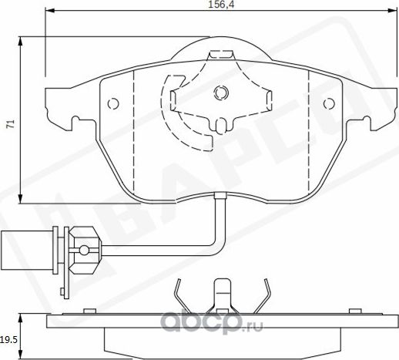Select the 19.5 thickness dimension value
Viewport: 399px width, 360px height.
pos(8,337)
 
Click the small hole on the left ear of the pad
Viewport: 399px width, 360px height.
pos(112,103)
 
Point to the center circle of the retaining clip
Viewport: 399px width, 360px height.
pos(221,93)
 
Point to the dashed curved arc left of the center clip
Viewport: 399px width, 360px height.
pos(164,108)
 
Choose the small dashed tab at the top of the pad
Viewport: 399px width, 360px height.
pos(221,53)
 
